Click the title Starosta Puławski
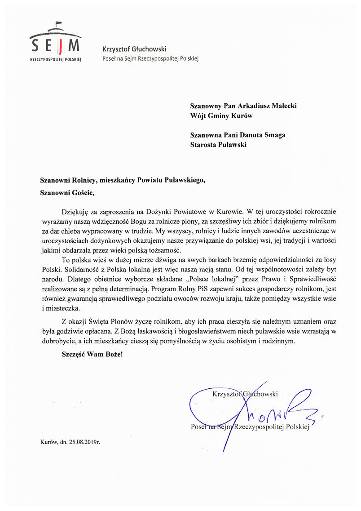[219, 145]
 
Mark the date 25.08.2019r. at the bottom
[84, 442]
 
